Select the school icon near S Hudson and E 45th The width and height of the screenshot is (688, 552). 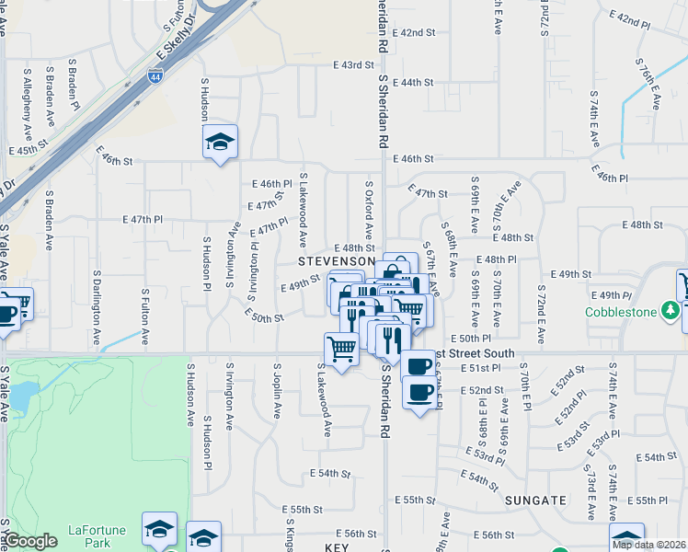pos(220,143)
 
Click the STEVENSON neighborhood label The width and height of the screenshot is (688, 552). pos(336,261)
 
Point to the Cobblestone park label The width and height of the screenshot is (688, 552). pos(621,312)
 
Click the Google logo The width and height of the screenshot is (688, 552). pos(30,541)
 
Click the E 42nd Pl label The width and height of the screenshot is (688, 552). pos(630,18)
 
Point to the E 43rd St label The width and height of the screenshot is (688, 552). pos(355,65)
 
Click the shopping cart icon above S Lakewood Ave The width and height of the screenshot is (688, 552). pos(340,349)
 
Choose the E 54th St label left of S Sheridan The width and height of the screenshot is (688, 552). pos(330,473)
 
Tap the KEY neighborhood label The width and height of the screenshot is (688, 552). pos(338,546)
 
